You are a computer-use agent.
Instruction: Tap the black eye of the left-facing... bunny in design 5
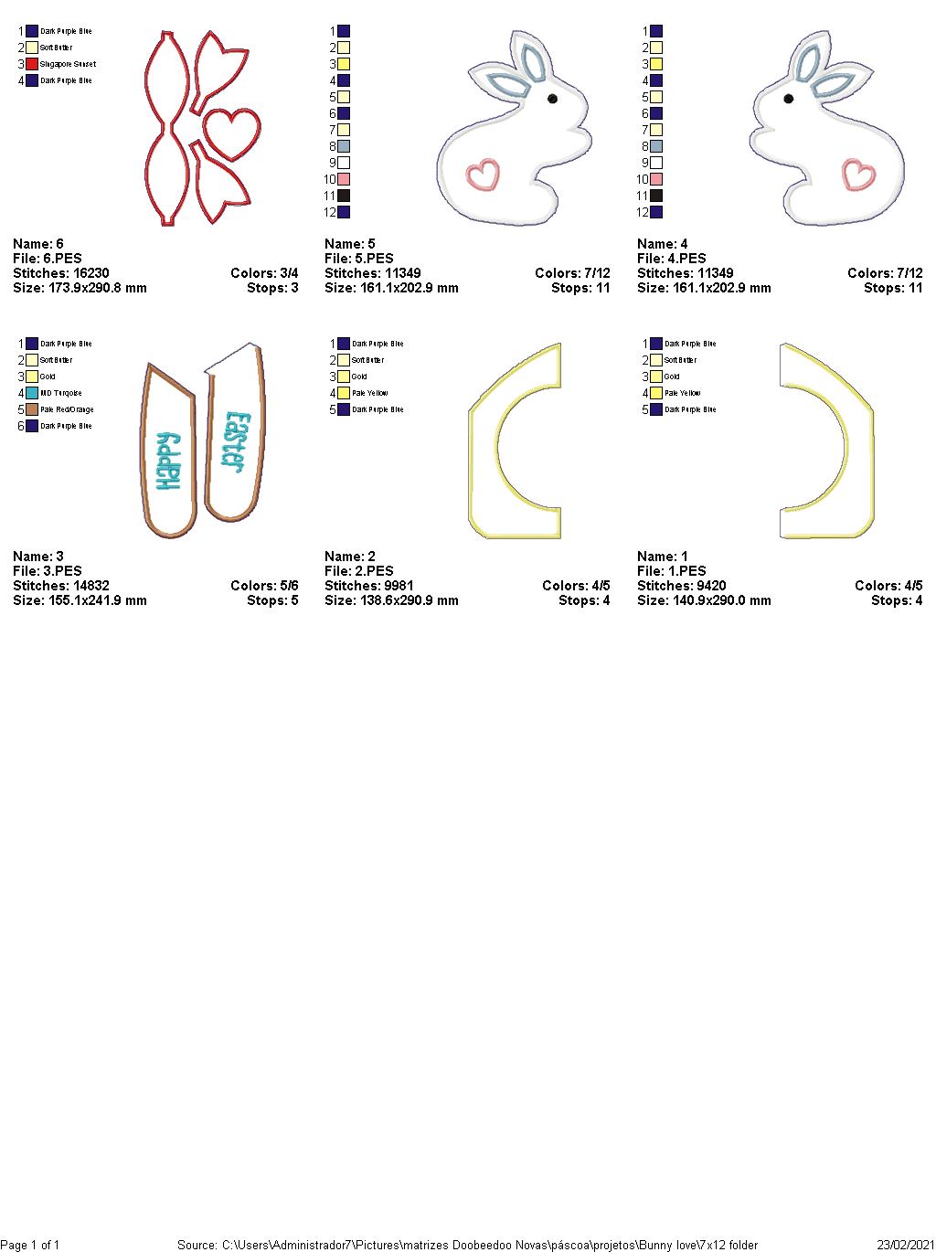(552, 99)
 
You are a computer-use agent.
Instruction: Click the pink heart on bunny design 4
(856, 173)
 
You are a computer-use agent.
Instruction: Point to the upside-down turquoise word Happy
(169, 461)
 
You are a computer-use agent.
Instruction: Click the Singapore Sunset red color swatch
(32, 64)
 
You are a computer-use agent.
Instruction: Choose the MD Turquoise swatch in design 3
(32, 393)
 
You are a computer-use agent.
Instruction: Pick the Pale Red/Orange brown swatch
(32, 409)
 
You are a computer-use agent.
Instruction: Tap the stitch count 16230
(86, 273)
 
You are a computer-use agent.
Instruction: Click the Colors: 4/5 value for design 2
(576, 586)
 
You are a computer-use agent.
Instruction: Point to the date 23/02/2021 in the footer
(905, 1245)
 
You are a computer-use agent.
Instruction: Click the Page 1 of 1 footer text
(30, 1245)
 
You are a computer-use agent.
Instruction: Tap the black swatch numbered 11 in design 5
(344, 196)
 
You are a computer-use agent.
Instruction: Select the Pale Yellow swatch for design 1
(656, 393)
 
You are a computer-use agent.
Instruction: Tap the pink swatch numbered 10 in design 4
(656, 179)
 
